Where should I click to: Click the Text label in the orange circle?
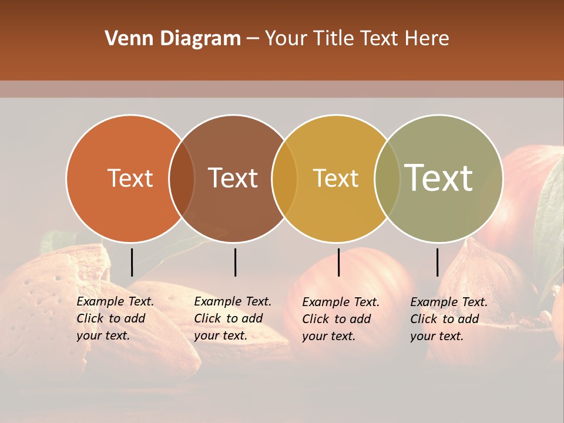[130, 178]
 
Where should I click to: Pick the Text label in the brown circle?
[233, 178]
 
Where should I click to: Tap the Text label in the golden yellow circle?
[335, 178]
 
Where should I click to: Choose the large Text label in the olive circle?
[438, 178]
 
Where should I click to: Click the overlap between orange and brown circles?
[182, 179]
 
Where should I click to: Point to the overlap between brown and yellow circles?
[284, 179]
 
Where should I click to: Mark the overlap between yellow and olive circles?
[387, 179]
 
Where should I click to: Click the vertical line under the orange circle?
[132, 262]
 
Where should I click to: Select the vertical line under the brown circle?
[235, 262]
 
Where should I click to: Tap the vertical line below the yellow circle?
[338, 262]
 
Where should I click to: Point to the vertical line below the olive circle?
[437, 262]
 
